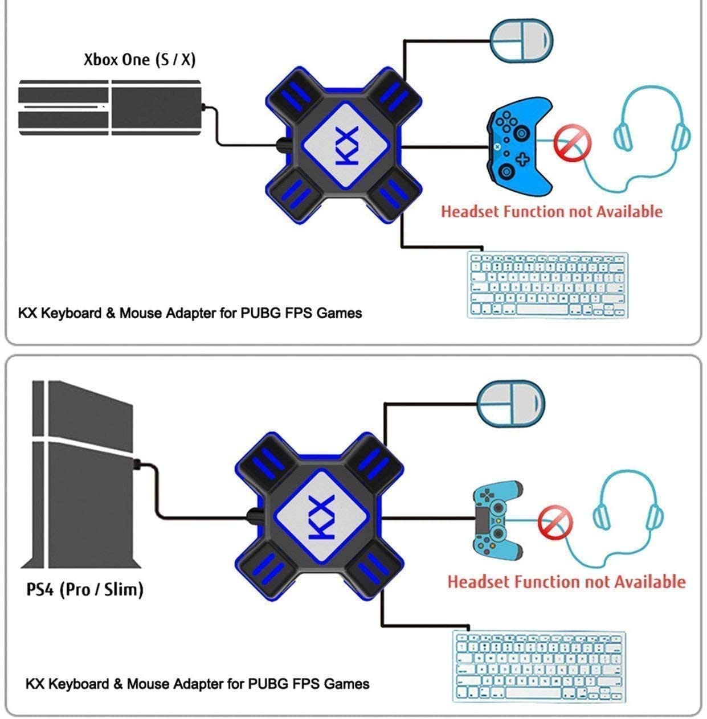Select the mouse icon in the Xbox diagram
point(521,41)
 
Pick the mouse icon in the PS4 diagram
point(510,403)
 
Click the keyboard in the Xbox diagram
point(547,284)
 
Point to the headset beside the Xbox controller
point(652,137)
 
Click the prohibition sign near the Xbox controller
point(573,143)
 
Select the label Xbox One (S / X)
point(140,59)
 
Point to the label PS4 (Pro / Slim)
point(85,589)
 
